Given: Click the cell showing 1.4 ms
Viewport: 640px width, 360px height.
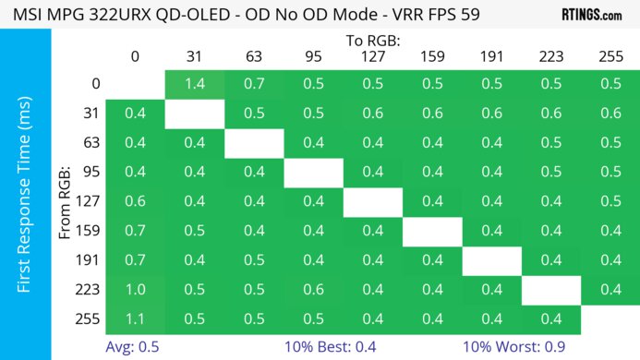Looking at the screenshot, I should pos(194,84).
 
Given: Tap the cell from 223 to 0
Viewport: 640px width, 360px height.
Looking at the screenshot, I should pos(135,289).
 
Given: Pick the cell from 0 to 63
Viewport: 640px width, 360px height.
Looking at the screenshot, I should pos(253,84).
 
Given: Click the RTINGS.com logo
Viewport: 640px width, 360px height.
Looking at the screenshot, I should pos(591,16).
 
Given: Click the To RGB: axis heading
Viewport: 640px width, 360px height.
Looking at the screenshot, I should pos(372,41).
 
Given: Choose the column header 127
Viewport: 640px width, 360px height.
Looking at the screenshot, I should pos(372,56).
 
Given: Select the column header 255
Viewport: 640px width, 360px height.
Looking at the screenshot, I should pos(610,56).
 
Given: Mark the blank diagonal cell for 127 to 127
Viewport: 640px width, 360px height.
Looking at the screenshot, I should pos(372,201).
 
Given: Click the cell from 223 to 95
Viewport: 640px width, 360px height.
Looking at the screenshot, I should pos(313,289).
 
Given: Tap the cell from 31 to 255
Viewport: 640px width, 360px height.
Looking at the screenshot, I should pos(610,114).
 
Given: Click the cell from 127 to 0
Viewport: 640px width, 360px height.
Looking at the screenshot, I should pos(135,201).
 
